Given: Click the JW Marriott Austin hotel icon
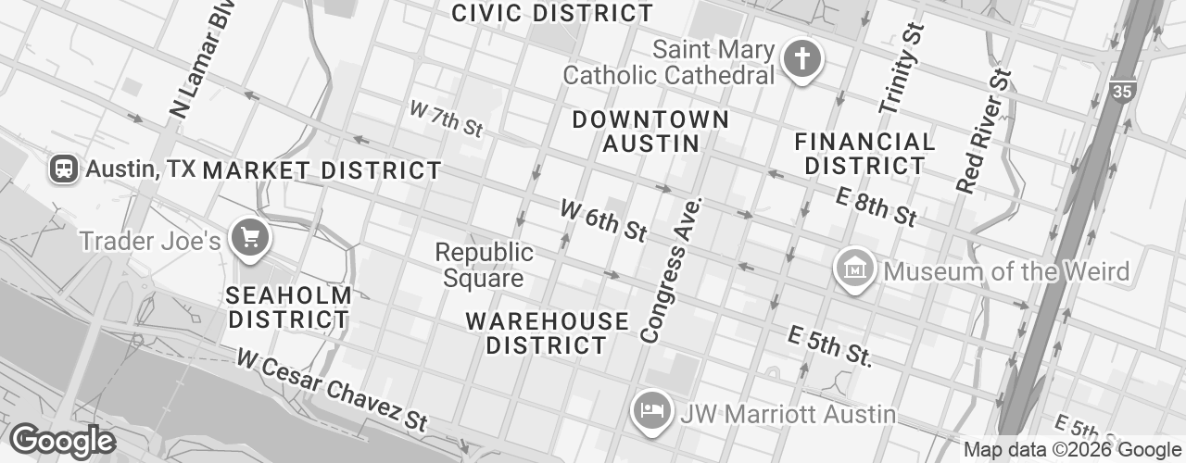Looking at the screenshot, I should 649,411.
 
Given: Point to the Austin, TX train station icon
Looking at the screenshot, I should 64,169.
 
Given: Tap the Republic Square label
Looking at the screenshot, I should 485,265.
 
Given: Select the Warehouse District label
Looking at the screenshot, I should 547,333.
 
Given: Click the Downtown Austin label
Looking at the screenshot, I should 650,131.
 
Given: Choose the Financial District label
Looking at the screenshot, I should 864,154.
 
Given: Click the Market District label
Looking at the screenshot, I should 322,170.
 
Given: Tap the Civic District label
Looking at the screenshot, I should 552,13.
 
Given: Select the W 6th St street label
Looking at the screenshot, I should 603,220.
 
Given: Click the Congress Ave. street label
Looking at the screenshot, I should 672,269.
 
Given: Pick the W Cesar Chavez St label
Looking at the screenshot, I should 331,389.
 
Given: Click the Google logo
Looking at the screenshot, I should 62,441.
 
